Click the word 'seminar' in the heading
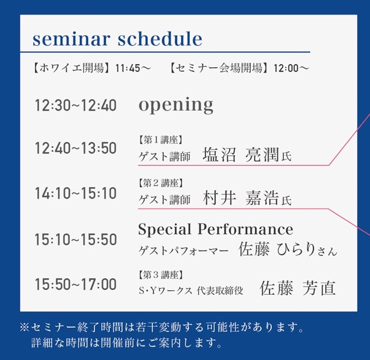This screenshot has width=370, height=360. [x=71, y=39]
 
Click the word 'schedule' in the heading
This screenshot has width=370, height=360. [x=160, y=39]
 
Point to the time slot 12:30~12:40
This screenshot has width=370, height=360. [x=76, y=105]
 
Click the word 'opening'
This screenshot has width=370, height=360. [x=176, y=106]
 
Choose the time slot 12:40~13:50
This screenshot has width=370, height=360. [x=76, y=148]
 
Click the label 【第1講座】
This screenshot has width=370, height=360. [x=160, y=140]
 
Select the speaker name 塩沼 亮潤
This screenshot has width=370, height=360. [x=241, y=155]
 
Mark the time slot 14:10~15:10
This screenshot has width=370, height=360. [x=76, y=193]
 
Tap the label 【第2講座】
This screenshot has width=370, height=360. [x=160, y=183]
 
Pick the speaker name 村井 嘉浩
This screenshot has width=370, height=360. [x=241, y=198]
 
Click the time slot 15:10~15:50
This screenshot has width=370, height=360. [x=76, y=239]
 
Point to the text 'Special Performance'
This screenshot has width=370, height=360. [x=215, y=229]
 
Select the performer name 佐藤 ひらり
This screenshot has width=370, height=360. [x=277, y=249]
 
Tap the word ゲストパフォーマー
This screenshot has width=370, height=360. [x=184, y=251]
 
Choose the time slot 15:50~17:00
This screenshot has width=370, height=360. [x=76, y=284]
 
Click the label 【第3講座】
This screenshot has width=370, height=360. [x=160, y=275]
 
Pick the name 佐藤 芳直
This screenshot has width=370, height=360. [x=298, y=288]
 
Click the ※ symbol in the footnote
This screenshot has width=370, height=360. [x=24, y=328]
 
